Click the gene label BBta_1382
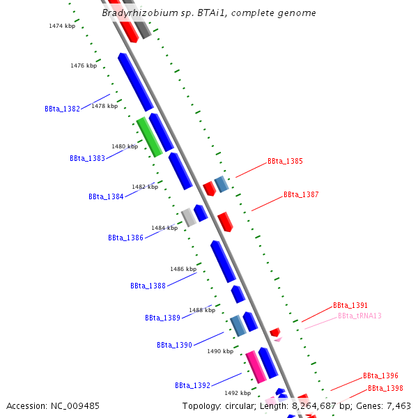click(x=62, y=109)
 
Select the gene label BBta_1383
click(x=87, y=158)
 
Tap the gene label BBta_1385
click(x=285, y=161)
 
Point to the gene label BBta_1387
click(x=301, y=194)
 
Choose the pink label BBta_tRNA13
click(x=359, y=316)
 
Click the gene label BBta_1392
click(x=192, y=385)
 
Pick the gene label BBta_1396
click(x=380, y=376)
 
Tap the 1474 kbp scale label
click(x=62, y=26)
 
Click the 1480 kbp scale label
click(x=125, y=146)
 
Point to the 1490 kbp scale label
click(x=220, y=351)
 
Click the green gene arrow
click(x=149, y=137)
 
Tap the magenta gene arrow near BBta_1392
click(x=256, y=366)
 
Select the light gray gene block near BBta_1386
click(x=189, y=217)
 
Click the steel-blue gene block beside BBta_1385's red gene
click(x=222, y=184)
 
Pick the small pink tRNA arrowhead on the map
click(x=277, y=339)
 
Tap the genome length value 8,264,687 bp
click(x=322, y=405)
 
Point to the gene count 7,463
click(x=398, y=405)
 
